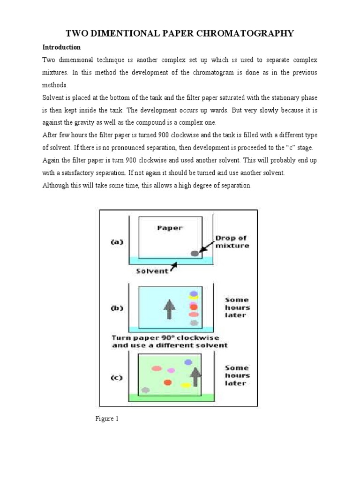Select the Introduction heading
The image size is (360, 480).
point(61,47)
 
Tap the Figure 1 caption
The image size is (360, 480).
point(107,419)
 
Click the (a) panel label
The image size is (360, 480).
point(117,242)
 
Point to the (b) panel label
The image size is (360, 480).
point(117,308)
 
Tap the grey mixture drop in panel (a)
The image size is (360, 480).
point(195,253)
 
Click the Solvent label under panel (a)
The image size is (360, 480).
point(152,271)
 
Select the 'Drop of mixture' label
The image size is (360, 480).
point(232,242)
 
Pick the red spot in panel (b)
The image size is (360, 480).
point(193,307)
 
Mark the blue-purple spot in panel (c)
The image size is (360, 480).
point(188,362)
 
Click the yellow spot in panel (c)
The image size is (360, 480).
point(186,385)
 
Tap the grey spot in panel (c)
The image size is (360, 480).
point(145,390)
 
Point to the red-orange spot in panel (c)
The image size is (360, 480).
point(167,382)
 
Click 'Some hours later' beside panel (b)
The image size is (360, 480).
point(237,307)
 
